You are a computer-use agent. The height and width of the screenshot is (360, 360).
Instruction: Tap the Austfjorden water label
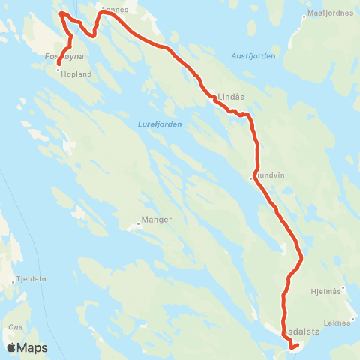tap(253, 56)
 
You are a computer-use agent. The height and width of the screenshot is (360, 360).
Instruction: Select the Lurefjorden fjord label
tap(160, 124)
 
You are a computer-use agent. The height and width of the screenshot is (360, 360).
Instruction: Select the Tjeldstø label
tap(30, 281)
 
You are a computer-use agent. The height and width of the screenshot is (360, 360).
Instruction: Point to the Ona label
tap(15, 327)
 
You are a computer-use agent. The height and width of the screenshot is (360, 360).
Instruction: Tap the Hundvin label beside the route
tap(271, 178)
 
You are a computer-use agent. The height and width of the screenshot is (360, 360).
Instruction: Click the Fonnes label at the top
tap(115, 9)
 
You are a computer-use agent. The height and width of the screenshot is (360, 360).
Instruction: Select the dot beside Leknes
tap(355, 319)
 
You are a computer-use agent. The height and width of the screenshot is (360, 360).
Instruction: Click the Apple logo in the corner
tap(11, 347)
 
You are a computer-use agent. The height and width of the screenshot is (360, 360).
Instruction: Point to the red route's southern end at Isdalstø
tap(292, 348)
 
